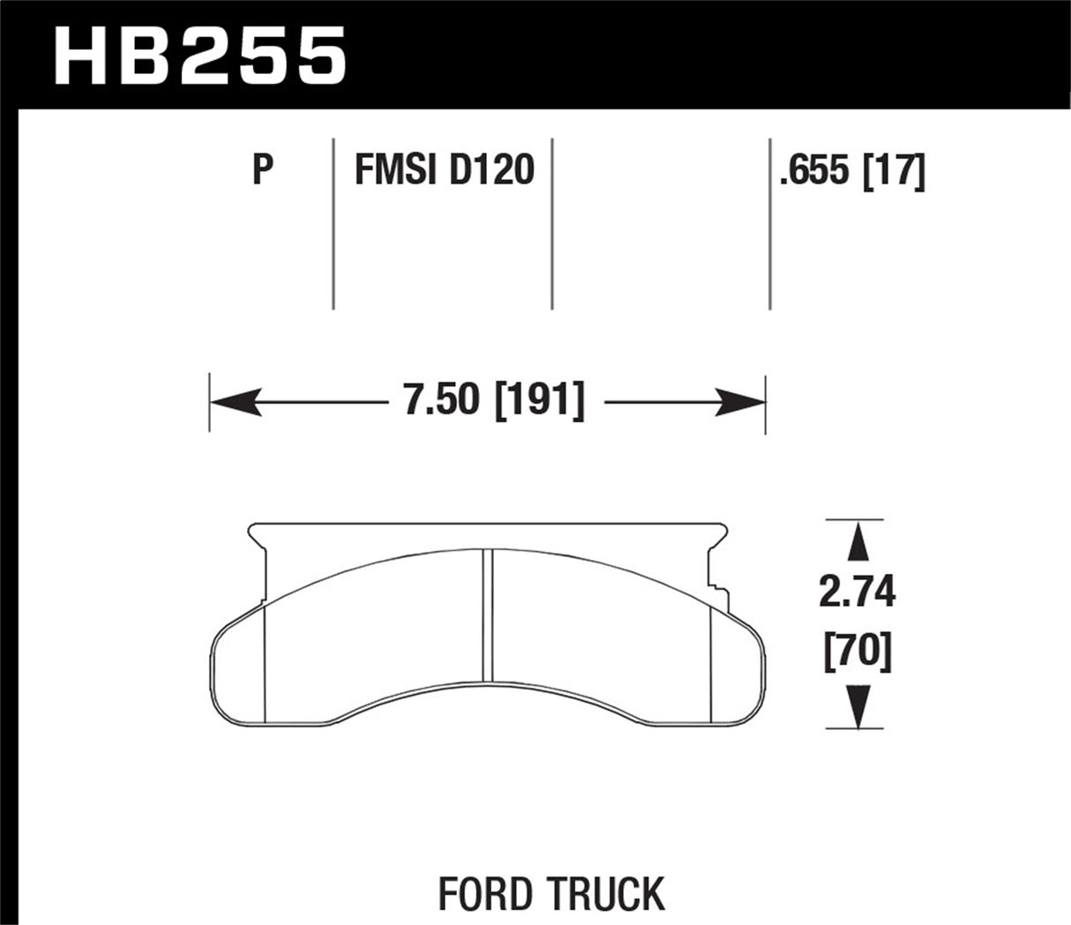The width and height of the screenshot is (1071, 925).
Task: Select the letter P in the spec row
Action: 262,170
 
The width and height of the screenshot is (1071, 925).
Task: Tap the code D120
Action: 491,170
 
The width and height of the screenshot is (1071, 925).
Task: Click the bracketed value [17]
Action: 896,170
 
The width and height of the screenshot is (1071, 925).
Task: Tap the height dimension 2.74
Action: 856,593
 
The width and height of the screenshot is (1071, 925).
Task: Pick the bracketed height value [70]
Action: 856,653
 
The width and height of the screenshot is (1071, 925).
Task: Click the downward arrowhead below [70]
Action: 856,707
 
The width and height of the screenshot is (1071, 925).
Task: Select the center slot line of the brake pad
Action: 488,614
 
